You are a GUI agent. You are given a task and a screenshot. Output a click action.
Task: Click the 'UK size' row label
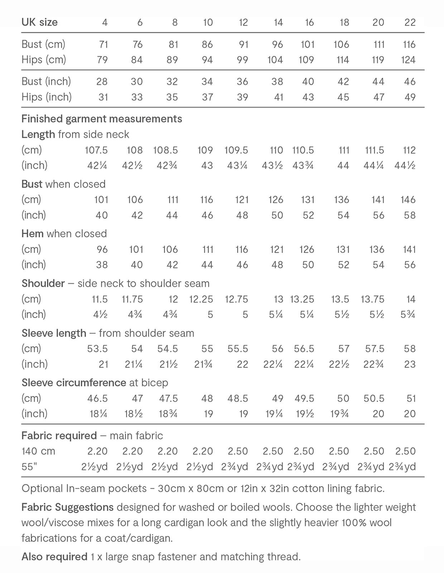(x=39, y=22)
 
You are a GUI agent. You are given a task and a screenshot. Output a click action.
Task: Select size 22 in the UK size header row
(x=410, y=23)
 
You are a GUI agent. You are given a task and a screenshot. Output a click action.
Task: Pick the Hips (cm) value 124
(x=408, y=60)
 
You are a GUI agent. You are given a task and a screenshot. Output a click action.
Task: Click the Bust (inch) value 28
(x=102, y=82)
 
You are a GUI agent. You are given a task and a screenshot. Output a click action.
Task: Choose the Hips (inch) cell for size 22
(x=410, y=97)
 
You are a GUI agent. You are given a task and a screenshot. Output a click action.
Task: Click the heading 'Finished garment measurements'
(x=102, y=119)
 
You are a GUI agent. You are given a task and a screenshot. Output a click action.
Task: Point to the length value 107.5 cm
(x=96, y=150)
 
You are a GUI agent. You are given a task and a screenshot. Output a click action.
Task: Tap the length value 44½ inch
(x=405, y=165)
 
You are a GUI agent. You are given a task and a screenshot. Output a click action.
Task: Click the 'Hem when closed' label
(x=64, y=234)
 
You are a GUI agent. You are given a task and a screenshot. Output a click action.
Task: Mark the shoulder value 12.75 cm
(x=236, y=299)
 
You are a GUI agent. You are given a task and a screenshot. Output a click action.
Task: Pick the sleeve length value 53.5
(x=97, y=349)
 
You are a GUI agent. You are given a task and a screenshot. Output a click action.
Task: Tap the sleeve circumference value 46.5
(x=97, y=398)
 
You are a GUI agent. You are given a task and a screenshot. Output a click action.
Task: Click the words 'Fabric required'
(x=59, y=436)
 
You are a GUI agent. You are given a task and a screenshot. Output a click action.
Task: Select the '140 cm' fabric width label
(x=38, y=451)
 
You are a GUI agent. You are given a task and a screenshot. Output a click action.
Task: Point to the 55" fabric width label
(x=29, y=467)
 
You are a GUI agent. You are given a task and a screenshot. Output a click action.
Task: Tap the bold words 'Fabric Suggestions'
(x=67, y=507)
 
